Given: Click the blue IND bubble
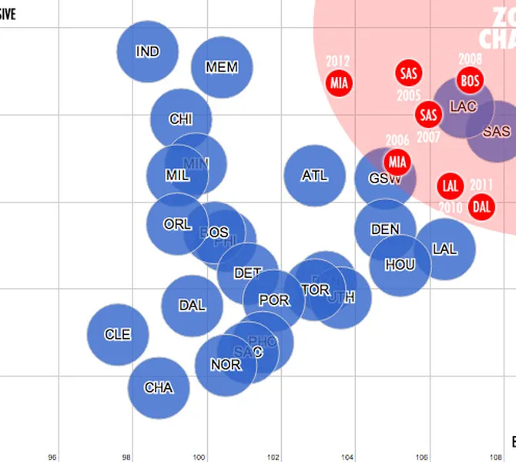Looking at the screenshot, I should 147,52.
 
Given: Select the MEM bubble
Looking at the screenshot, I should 222,67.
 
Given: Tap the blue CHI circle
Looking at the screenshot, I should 181,119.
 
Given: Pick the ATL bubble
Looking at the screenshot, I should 314,176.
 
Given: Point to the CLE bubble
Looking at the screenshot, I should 117,334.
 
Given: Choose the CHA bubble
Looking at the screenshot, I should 159,387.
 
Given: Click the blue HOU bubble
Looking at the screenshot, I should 400,265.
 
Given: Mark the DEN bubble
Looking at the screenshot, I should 385,229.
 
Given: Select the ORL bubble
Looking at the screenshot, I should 178,224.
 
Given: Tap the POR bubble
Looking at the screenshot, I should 274,300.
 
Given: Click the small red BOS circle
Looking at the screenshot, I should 470,79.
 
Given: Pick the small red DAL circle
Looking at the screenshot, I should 481,206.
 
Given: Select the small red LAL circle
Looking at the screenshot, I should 451,186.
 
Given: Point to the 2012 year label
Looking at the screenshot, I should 338,61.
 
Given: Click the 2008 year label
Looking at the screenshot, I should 470,59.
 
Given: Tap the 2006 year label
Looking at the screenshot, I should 397,141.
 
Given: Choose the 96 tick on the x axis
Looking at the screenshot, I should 52,457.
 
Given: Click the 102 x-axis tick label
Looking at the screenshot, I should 273,457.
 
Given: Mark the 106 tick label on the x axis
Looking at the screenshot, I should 422,457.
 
